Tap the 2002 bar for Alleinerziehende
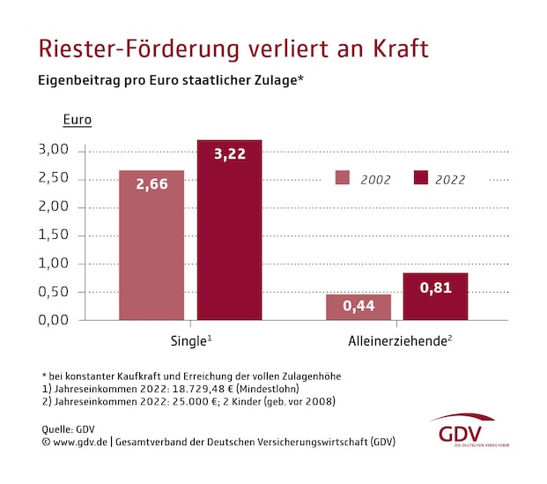pyautogui.click(x=359, y=307)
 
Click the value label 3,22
pyautogui.click(x=229, y=154)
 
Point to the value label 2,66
pyautogui.click(x=152, y=185)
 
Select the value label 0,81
pyautogui.click(x=435, y=287)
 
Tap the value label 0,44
pyautogui.click(x=359, y=306)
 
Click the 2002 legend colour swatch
pyautogui.click(x=343, y=178)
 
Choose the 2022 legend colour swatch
pyautogui.click(x=420, y=178)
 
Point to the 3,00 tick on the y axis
pyautogui.click(x=54, y=150)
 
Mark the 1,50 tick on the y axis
pyautogui.click(x=54, y=235)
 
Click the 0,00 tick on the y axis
pyautogui.click(x=54, y=319)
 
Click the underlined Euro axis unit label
pyautogui.click(x=77, y=120)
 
